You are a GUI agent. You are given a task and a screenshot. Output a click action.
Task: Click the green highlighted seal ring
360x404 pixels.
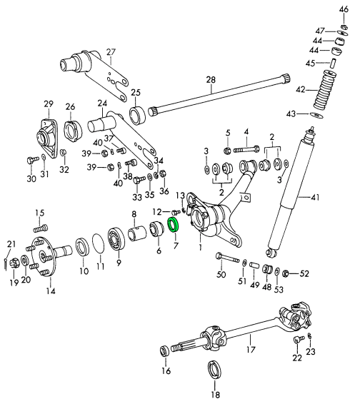pyautogui.click(x=169, y=225)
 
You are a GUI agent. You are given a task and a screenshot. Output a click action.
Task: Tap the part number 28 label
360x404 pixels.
pyautogui.click(x=211, y=80)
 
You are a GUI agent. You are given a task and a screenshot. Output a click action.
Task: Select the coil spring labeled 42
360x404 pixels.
pyautogui.click(x=325, y=89)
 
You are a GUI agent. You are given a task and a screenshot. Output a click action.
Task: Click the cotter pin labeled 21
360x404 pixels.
pyautogui.click(x=6, y=265)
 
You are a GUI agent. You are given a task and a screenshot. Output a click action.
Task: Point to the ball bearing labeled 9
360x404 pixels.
pyautogui.click(x=117, y=238)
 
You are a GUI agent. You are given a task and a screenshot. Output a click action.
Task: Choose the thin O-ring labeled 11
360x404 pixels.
pyautogui.click(x=99, y=243)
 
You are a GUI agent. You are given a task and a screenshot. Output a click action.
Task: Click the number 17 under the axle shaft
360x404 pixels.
pyautogui.click(x=251, y=349)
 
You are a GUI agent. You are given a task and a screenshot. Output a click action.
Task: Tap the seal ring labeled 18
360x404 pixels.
pyautogui.click(x=214, y=370)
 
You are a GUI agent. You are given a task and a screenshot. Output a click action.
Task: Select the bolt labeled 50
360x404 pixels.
pyautogui.click(x=227, y=258)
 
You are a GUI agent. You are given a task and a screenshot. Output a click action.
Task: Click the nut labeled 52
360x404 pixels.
pyautogui.click(x=286, y=273)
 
